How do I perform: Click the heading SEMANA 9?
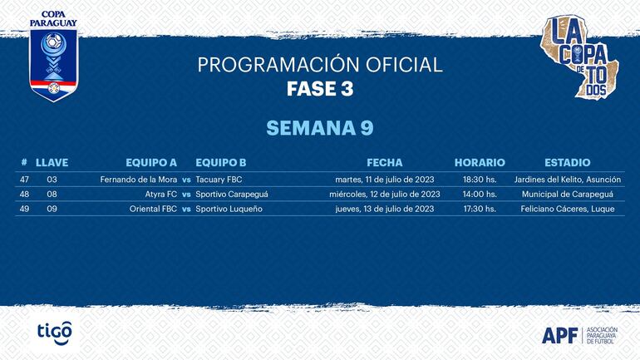pos(320,128)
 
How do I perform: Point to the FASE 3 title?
pos(320,89)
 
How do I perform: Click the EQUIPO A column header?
pos(151,163)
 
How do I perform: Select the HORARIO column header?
pos(480,163)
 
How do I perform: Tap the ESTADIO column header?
pos(567,163)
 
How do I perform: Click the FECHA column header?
pos(384,163)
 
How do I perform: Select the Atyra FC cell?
pos(160,195)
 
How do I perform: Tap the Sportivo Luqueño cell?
pos(229,210)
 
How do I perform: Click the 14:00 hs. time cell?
pos(480,195)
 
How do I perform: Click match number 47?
pos(25,180)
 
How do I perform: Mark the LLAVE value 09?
pos(52,210)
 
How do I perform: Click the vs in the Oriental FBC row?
pos(187,210)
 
